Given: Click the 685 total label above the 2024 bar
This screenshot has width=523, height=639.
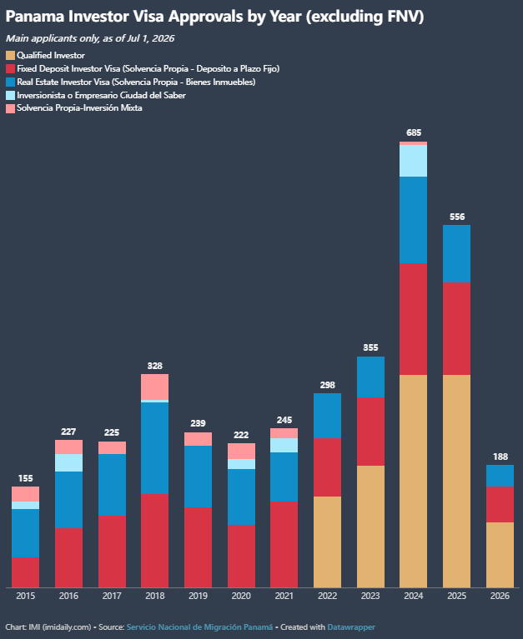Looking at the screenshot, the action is (x=414, y=132).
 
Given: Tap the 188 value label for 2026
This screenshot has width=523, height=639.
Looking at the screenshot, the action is (x=500, y=457).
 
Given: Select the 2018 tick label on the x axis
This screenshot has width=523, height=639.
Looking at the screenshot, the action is (x=155, y=596).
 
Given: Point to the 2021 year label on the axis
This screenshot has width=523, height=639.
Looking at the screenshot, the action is (x=284, y=596).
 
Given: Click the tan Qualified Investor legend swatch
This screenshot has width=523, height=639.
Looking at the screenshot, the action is (x=10, y=56).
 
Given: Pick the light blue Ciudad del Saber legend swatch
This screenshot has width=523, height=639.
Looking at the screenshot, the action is (x=10, y=95).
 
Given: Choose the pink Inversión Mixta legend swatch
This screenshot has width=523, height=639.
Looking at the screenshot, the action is (x=10, y=108).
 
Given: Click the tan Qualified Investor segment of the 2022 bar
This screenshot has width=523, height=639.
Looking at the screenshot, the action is (x=327, y=542).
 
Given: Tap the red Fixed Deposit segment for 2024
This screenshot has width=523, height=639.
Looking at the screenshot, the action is (x=413, y=319).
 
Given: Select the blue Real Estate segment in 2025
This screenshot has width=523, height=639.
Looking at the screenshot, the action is (x=456, y=253).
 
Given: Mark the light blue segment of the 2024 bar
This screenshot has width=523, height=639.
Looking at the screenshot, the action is (x=413, y=161).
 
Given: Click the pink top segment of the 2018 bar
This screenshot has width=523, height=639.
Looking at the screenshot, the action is (x=154, y=387).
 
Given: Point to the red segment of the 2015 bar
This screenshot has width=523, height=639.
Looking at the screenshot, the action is (x=25, y=572).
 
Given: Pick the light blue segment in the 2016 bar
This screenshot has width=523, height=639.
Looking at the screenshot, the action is (x=68, y=463).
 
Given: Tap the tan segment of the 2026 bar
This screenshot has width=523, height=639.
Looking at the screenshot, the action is (x=500, y=555).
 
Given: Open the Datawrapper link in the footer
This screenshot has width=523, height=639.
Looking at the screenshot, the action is (x=351, y=627).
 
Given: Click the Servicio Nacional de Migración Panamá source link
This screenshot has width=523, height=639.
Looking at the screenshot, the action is (x=199, y=627).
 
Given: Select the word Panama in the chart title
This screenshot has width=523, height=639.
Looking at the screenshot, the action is (x=35, y=17).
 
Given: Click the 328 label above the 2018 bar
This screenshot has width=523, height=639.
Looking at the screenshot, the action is (x=154, y=366).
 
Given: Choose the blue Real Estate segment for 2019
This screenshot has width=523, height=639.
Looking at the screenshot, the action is (x=198, y=477).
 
